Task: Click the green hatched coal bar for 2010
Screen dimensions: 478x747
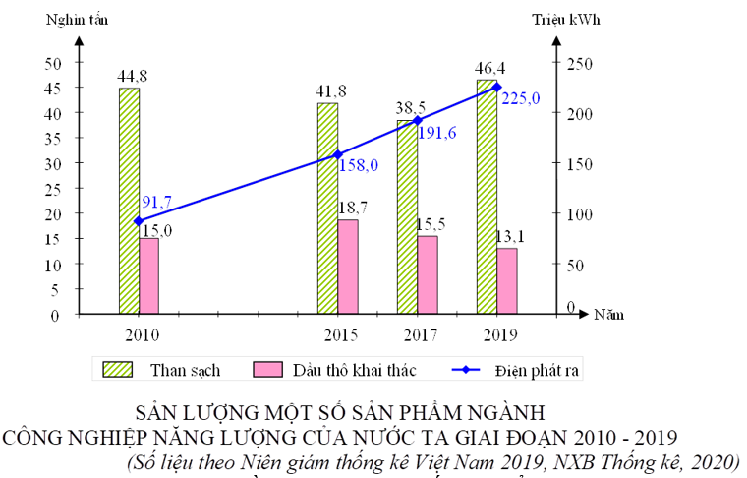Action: pyautogui.click(x=129, y=201)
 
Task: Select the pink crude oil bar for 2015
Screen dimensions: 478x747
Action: pyautogui.click(x=347, y=267)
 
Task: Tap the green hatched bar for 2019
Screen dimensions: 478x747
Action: pyautogui.click(x=487, y=197)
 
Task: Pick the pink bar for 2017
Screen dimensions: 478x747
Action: pyautogui.click(x=428, y=274)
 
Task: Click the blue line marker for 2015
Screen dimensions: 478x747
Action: pyautogui.click(x=337, y=154)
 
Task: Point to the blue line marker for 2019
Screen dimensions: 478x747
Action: pyautogui.click(x=496, y=88)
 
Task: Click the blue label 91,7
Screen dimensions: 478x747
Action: pyautogui.click(x=157, y=202)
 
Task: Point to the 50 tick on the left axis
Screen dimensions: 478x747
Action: pyautogui.click(x=51, y=62)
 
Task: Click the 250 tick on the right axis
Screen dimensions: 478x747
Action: pyautogui.click(x=576, y=62)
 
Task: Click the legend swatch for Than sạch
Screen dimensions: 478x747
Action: pyautogui.click(x=123, y=369)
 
